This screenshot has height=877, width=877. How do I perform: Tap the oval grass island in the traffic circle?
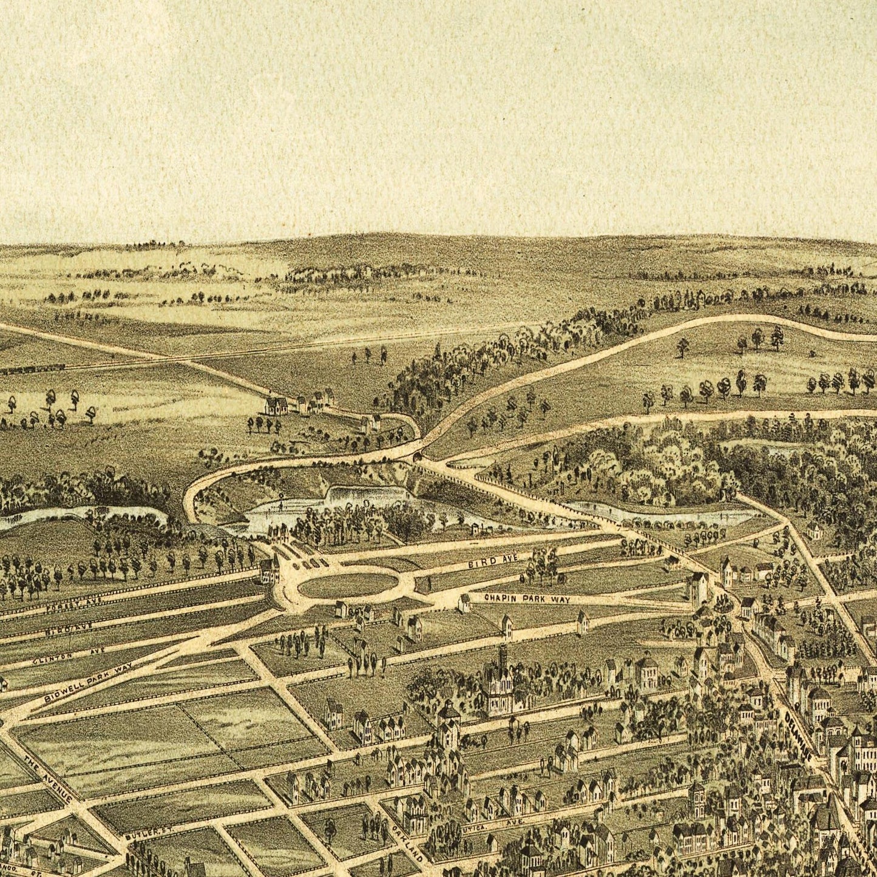click(348, 584)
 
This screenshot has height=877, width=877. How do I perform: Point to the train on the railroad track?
click(33, 368)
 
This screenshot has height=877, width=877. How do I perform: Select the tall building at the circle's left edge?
click(268, 571)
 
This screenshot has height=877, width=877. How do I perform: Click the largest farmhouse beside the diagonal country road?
click(277, 405)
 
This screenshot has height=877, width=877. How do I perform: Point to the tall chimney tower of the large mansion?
click(502, 659)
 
